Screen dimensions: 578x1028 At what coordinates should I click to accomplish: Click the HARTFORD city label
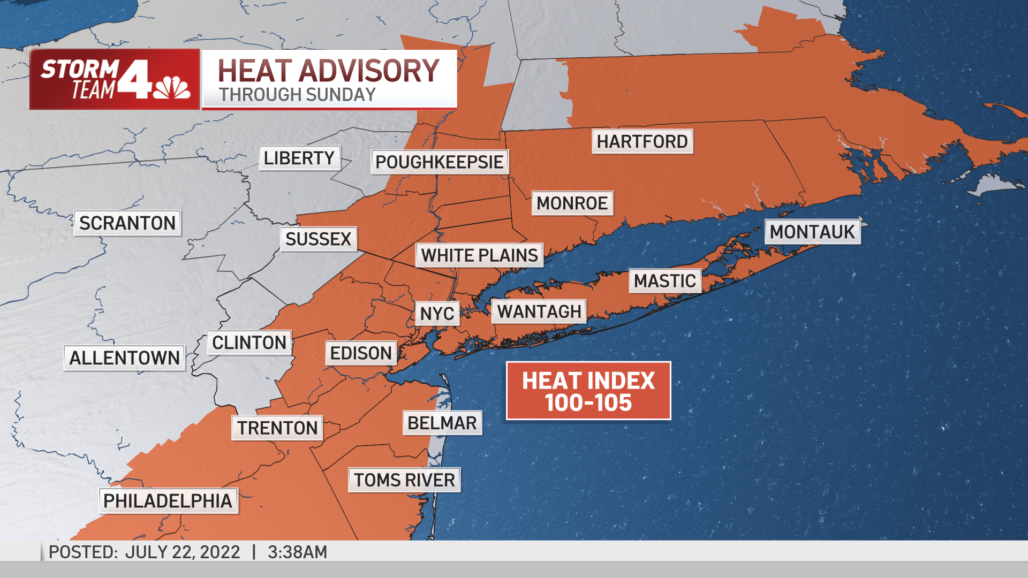642,142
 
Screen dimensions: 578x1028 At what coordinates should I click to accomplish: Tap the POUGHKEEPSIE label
439,162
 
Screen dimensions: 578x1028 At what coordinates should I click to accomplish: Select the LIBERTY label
299,158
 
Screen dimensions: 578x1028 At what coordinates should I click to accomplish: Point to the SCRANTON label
127,223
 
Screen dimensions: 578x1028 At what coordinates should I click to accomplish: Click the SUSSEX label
318,239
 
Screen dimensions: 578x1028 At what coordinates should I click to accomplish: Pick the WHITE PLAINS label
479,256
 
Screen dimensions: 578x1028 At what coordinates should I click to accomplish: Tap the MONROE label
572,203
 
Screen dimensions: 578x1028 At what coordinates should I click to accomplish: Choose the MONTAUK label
812,232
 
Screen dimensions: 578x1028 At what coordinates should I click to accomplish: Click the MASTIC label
665,281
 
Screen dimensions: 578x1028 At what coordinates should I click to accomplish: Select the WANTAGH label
539,311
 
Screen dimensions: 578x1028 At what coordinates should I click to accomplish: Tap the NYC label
437,314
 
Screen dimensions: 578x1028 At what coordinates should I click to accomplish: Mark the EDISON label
361,353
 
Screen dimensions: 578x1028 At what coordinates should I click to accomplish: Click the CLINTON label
249,343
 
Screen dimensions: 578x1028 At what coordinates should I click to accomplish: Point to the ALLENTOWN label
124,358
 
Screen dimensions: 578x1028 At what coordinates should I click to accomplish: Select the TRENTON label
277,428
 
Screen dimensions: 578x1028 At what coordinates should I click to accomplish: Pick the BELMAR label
442,423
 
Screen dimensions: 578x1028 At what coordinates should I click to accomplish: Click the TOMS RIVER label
404,480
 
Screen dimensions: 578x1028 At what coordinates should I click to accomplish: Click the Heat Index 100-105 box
588,391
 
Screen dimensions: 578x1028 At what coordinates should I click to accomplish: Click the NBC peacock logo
171,88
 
